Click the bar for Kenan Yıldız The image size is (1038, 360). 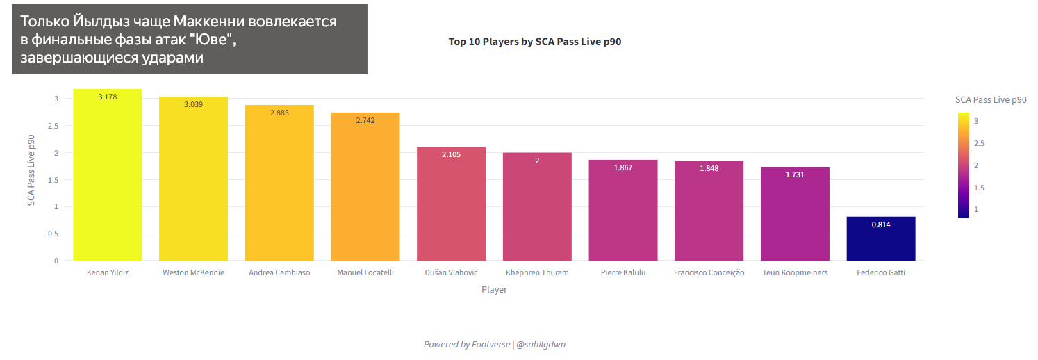click(x=107, y=175)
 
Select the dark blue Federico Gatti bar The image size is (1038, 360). click(x=880, y=239)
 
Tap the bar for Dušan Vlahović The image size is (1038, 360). click(x=451, y=204)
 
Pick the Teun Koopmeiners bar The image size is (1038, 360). click(x=795, y=214)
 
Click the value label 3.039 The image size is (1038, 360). click(x=194, y=104)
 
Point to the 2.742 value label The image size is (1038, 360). click(x=365, y=120)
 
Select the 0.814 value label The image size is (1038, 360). click(x=881, y=224)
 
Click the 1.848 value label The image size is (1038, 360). click(x=709, y=169)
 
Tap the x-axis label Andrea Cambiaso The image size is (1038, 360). click(x=279, y=273)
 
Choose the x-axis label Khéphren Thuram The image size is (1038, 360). click(x=537, y=273)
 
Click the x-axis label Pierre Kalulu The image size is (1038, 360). click(x=623, y=273)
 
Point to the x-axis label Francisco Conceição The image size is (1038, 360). click(x=709, y=273)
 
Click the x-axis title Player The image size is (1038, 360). click(x=494, y=290)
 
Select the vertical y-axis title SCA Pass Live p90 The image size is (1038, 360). click(x=31, y=170)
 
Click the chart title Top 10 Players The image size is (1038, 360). click(x=534, y=42)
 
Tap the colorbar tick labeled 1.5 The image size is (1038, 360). click(x=980, y=188)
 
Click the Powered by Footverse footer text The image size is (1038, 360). click(x=466, y=345)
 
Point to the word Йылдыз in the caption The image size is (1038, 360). click(x=103, y=22)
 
